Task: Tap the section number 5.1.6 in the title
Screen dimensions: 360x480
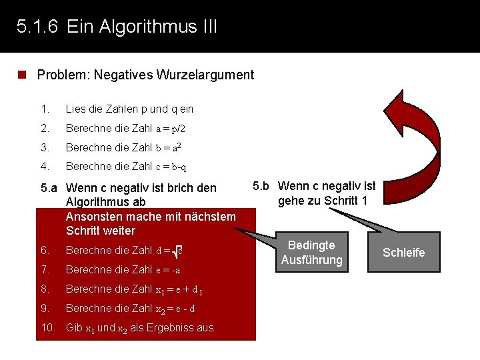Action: [37, 27]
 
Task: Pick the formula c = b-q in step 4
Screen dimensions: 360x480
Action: [171, 167]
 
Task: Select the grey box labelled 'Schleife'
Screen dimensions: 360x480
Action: [403, 252]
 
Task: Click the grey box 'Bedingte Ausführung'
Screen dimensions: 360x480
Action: [311, 252]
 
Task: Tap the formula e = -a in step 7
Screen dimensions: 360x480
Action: [168, 270]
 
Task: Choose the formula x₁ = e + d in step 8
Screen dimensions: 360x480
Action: [179, 290]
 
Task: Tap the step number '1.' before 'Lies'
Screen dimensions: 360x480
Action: [45, 109]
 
